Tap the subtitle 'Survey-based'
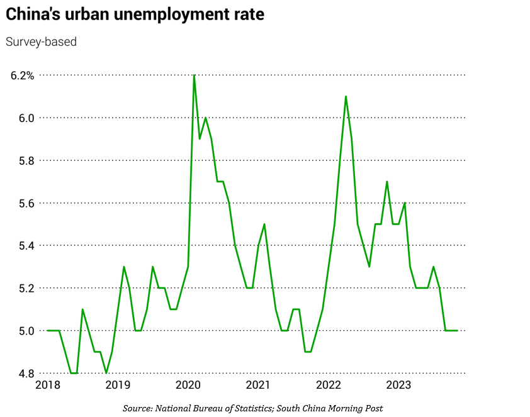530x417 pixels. pyautogui.click(x=41, y=42)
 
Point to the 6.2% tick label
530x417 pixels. pyautogui.click(x=22, y=75)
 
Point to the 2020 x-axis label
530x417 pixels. pyautogui.click(x=188, y=384)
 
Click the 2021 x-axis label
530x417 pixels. pyautogui.click(x=258, y=384)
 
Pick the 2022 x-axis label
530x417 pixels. pyautogui.click(x=328, y=384)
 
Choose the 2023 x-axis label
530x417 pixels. pyautogui.click(x=398, y=384)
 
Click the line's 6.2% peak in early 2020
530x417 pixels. pyautogui.click(x=194, y=76)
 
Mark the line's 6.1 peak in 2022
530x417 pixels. pyautogui.click(x=346, y=97)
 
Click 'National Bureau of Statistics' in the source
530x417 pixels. pyautogui.click(x=215, y=408)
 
